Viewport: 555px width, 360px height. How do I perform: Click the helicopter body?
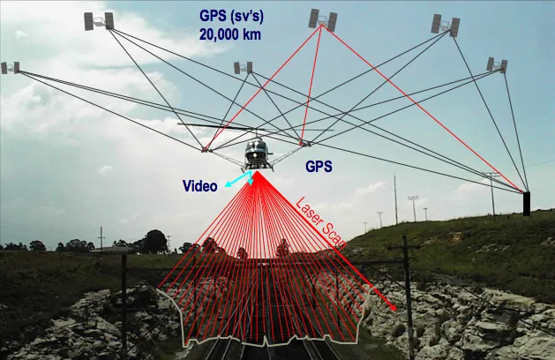pos(256,154)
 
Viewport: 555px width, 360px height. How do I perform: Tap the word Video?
pos(199,186)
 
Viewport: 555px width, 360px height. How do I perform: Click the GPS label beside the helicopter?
pos(319,165)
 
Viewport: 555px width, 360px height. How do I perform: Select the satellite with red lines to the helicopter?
pos(322,19)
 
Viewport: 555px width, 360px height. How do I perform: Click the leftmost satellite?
pos(11,67)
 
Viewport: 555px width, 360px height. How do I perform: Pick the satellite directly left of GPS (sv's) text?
pos(98,19)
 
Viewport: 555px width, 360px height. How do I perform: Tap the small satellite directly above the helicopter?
pos(244,67)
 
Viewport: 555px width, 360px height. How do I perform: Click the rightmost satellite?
pos(497,64)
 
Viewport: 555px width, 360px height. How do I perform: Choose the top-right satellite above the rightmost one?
pos(446,24)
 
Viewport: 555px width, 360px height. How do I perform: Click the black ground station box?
pos(527,203)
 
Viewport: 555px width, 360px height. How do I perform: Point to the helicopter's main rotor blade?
pos(221,127)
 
